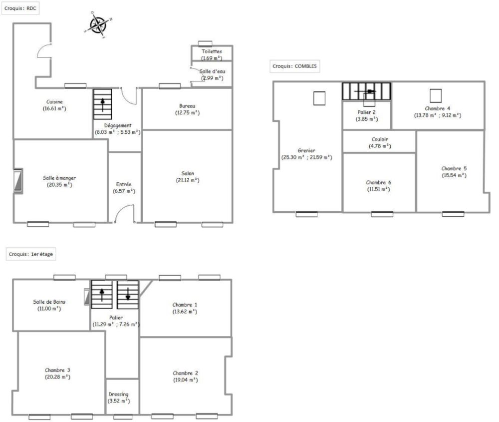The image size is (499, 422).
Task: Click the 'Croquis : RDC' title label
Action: [20, 8]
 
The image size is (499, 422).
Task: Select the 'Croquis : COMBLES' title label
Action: [294, 66]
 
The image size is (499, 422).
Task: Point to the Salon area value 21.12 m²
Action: [188, 180]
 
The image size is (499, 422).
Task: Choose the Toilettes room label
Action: [212, 51]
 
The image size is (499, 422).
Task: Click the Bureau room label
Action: [188, 105]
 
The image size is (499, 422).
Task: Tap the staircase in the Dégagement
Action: [103, 104]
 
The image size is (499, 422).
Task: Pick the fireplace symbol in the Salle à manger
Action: [18, 181]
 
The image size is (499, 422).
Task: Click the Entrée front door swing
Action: [124, 213]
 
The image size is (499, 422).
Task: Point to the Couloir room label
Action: [380, 139]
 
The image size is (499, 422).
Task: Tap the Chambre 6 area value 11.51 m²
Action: [379, 189]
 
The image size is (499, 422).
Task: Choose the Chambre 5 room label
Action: [454, 168]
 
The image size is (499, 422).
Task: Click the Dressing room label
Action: [118, 394]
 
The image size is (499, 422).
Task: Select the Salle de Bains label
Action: [49, 302]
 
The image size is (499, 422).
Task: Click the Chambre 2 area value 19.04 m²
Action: [185, 380]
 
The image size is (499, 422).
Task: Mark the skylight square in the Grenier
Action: [319, 98]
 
